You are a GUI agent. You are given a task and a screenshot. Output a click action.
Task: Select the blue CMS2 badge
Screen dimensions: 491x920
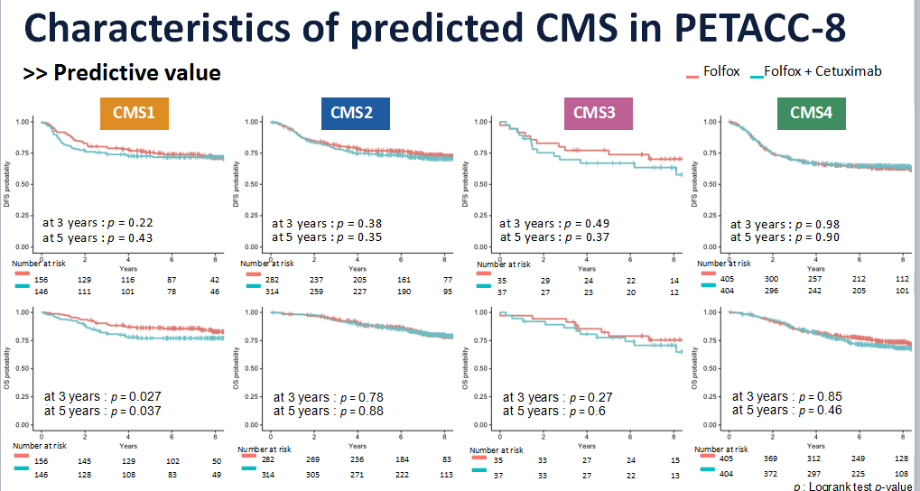355,114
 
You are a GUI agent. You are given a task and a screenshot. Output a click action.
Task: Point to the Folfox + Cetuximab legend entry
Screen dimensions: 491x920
822,70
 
